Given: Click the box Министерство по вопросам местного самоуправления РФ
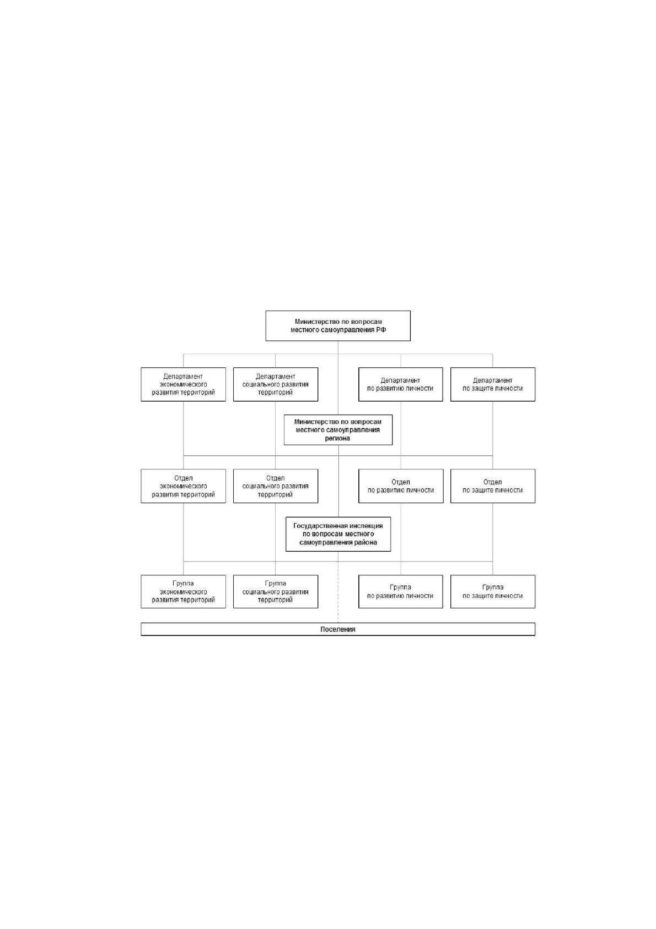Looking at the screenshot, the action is click(338, 325).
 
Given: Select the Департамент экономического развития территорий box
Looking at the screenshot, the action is click(183, 384).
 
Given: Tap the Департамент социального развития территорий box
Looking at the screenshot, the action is click(276, 384).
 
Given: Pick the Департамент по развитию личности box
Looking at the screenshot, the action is click(400, 384).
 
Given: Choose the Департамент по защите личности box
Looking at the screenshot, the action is click(493, 384).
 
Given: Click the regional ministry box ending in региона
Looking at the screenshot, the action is click(338, 430).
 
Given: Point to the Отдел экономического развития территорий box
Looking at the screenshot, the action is click(183, 486).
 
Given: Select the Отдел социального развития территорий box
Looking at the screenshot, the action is click(276, 486).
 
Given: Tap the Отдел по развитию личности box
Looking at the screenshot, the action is click(401, 486).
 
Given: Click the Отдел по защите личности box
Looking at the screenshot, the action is click(493, 486).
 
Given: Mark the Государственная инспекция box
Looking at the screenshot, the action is click(338, 534).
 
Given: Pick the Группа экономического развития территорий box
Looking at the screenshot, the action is click(183, 591).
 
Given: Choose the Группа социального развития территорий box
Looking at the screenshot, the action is click(276, 591).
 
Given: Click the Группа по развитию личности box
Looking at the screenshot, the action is click(400, 591).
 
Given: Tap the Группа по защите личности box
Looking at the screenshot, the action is click(493, 591).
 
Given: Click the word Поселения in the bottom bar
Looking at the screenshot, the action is click(338, 629).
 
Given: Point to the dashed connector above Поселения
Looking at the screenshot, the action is click(338, 592).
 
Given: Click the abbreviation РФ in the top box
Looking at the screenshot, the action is click(381, 330).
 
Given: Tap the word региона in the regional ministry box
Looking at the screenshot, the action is click(338, 438).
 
